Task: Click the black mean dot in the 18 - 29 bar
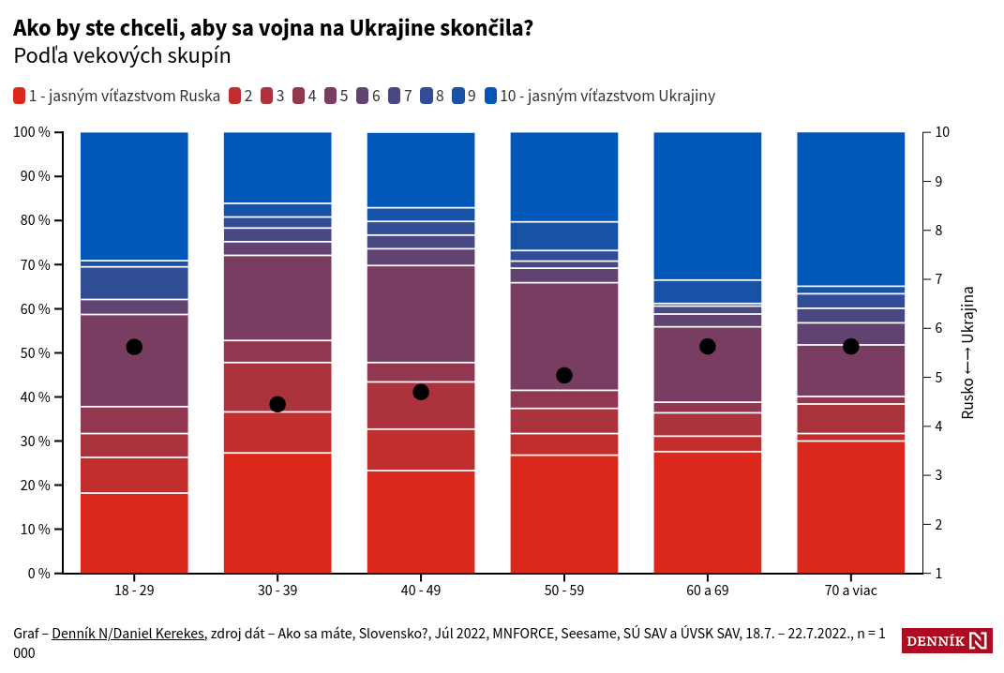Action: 134,347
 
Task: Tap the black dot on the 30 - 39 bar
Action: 277,404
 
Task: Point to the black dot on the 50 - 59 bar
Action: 564,375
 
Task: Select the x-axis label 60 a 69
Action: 707,591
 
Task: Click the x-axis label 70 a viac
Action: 850,591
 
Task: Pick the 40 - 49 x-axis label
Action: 420,591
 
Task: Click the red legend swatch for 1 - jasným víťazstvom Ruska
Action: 20,96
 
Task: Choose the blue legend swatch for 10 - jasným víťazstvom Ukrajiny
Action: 491,96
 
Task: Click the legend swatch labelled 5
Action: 331,96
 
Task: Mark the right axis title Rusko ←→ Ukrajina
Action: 968,352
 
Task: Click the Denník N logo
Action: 947,641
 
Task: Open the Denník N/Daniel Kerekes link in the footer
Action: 127,634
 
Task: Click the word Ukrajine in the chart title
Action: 392,28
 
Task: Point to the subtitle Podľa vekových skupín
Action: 122,56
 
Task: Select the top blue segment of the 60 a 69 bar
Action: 707,205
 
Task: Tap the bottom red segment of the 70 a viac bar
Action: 850,506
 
